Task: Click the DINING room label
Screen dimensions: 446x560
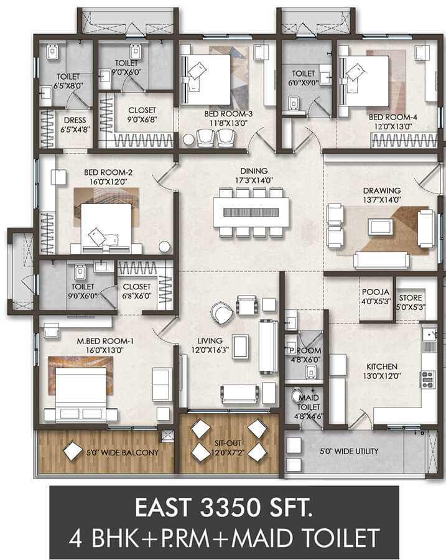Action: (x=254, y=171)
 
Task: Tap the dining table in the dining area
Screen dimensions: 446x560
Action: (x=251, y=212)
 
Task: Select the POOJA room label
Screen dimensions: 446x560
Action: (x=375, y=292)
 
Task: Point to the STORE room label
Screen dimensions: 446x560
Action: (x=411, y=298)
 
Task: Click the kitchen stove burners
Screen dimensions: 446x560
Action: (x=427, y=380)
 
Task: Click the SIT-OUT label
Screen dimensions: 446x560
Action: (x=228, y=443)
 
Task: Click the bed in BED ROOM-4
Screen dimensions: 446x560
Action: (x=364, y=81)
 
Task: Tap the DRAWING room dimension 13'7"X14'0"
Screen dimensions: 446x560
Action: (x=382, y=200)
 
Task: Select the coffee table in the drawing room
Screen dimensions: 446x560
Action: (x=381, y=226)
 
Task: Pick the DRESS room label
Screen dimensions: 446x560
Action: (x=75, y=120)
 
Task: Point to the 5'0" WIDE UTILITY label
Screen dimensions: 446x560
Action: (x=349, y=452)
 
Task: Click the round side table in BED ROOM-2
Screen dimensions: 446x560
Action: (x=165, y=247)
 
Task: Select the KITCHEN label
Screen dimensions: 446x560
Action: (x=382, y=366)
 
